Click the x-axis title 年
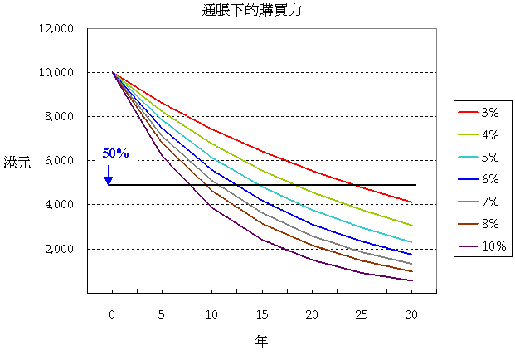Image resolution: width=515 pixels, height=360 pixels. [x=261, y=340]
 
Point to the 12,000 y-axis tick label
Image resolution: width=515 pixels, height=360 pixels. [x=57, y=29]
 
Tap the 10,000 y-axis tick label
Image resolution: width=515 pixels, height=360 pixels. [x=57, y=73]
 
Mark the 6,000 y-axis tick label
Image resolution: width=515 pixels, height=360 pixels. [x=60, y=161]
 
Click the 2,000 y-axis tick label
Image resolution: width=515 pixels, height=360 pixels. [x=60, y=249]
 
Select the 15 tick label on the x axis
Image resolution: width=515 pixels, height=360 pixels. [x=261, y=314]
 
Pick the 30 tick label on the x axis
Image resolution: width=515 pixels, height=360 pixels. [x=412, y=314]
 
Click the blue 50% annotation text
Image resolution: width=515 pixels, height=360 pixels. [x=115, y=153]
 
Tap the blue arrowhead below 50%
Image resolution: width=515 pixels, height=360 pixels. [x=109, y=180]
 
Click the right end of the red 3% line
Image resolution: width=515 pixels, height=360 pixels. [x=412, y=202]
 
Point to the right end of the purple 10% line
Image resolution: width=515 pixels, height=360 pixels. [x=412, y=280]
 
